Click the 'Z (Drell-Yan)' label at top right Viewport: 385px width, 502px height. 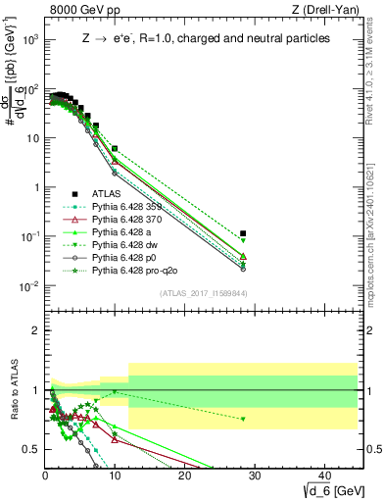[x=328, y=10]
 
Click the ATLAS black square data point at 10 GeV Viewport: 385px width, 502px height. [x=115, y=149]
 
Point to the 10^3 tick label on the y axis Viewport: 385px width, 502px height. [x=29, y=39]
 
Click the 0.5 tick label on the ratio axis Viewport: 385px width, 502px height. [x=32, y=449]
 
